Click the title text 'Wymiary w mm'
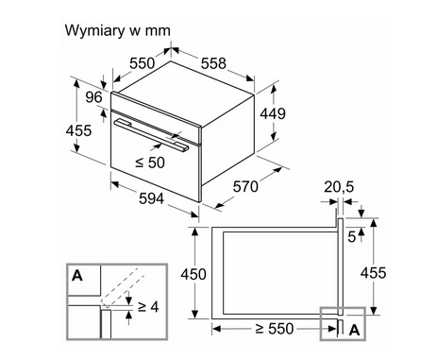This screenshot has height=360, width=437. click(x=117, y=31)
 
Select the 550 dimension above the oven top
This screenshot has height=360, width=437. click(x=143, y=63)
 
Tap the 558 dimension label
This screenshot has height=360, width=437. click(x=213, y=63)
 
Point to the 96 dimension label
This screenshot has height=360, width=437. click(x=94, y=97)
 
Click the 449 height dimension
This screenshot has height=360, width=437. click(x=273, y=113)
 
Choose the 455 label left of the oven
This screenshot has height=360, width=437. click(x=78, y=130)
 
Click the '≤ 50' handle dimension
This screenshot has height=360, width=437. click(x=150, y=163)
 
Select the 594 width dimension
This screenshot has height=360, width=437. click(x=151, y=198)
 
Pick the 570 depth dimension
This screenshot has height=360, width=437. click(x=245, y=187)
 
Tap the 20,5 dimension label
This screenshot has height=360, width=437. click(x=339, y=187)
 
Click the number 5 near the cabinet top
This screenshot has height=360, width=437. click(x=352, y=237)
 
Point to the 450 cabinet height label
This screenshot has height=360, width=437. click(x=193, y=274)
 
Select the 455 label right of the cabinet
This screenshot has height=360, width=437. click(x=373, y=273)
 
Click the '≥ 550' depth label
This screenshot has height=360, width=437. click(x=275, y=329)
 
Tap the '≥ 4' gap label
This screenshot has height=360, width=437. click(x=148, y=306)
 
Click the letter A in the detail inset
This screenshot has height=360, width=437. click(x=77, y=276)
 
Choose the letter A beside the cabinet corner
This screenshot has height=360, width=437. click(x=355, y=330)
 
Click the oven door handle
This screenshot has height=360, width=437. click(x=152, y=135)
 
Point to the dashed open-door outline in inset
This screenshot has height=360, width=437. click(x=123, y=287)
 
